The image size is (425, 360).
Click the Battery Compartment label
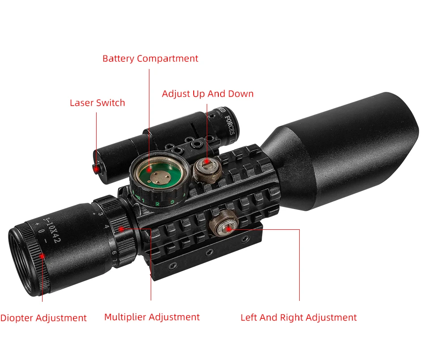click(150, 59)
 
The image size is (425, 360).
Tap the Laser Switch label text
click(98, 103)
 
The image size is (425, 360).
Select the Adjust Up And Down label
click(208, 94)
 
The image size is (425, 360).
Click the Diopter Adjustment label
click(43, 318)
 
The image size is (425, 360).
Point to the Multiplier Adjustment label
click(152, 317)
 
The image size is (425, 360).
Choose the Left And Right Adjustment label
click(298, 317)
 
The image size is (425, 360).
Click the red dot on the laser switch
click(96, 169)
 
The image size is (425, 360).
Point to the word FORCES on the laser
click(231, 124)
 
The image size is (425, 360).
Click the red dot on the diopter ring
click(42, 256)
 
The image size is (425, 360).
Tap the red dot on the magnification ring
click(121, 228)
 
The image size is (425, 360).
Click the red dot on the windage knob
click(229, 228)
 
